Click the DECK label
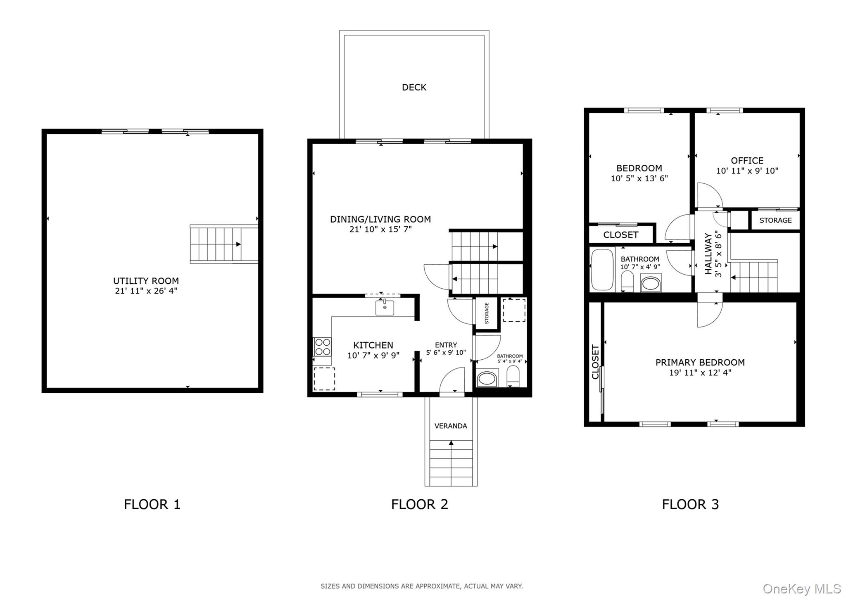[x=414, y=87]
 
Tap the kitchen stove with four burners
[x=322, y=346]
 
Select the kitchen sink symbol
[x=385, y=308]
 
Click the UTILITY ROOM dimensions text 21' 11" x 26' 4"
[x=146, y=291]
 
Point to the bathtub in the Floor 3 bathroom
[x=602, y=269]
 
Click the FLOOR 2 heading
[x=419, y=504]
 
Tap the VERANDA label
[x=451, y=426]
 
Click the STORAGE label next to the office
[x=775, y=220]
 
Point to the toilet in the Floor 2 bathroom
[x=513, y=376]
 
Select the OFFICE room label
[x=747, y=160]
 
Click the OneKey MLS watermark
[x=802, y=589]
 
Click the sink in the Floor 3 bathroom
[x=651, y=284]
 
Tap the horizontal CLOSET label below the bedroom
[x=620, y=235]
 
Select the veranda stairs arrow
[x=451, y=443]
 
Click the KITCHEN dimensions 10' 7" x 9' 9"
[x=373, y=355]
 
